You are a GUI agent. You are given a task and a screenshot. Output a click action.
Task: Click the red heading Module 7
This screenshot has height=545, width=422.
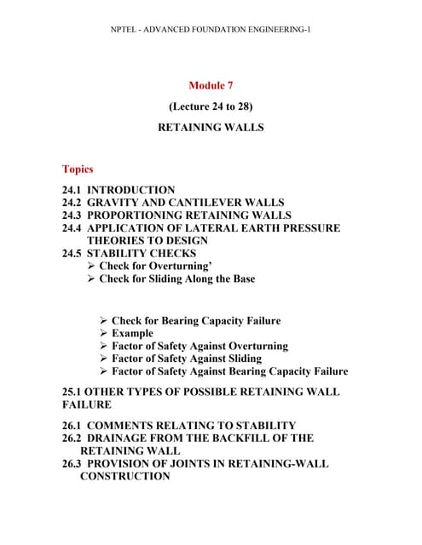coord(210,85)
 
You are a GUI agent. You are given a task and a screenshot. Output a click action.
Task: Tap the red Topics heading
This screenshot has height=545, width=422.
coord(78,169)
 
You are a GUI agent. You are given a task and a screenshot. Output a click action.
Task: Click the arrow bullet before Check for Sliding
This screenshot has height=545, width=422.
coord(91,278)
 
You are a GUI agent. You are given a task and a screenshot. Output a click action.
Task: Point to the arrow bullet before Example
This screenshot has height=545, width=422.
coord(104,334)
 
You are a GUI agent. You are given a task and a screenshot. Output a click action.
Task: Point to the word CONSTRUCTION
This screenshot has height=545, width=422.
coord(124,476)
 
